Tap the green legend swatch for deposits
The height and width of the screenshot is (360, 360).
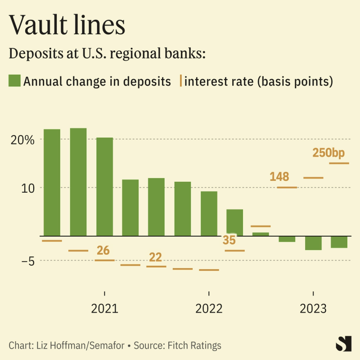point(14,81)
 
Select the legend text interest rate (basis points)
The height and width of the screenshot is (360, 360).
point(258,81)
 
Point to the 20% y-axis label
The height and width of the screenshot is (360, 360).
point(23,139)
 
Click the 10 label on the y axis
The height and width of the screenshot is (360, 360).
point(27,188)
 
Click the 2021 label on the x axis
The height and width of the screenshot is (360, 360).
point(104,309)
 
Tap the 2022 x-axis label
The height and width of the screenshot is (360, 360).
point(209,309)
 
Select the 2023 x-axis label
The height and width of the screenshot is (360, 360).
point(313,309)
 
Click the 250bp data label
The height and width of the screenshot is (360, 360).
point(328,153)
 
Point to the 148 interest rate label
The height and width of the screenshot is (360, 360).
point(279,176)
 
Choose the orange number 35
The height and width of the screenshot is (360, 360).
point(229,240)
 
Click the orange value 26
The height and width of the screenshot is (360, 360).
point(103,251)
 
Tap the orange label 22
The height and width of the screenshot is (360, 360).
point(155,257)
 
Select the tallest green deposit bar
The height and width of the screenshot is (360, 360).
point(78,182)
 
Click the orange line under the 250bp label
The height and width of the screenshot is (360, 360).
point(339,163)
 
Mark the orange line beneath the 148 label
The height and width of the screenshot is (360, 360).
point(287,187)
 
